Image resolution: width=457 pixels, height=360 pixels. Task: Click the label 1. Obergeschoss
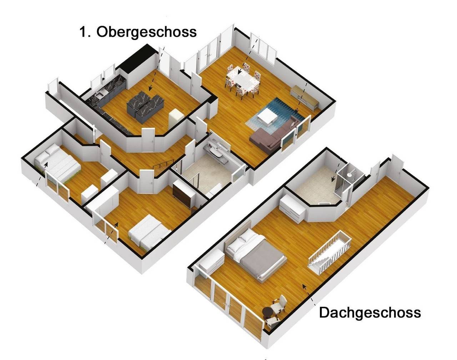pyautogui.click(x=137, y=32)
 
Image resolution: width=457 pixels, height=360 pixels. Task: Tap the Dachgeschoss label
pyautogui.click(x=370, y=313)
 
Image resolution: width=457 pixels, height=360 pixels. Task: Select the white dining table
pyautogui.click(x=243, y=79)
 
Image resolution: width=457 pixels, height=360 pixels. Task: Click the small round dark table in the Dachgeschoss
pyautogui.click(x=268, y=313)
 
